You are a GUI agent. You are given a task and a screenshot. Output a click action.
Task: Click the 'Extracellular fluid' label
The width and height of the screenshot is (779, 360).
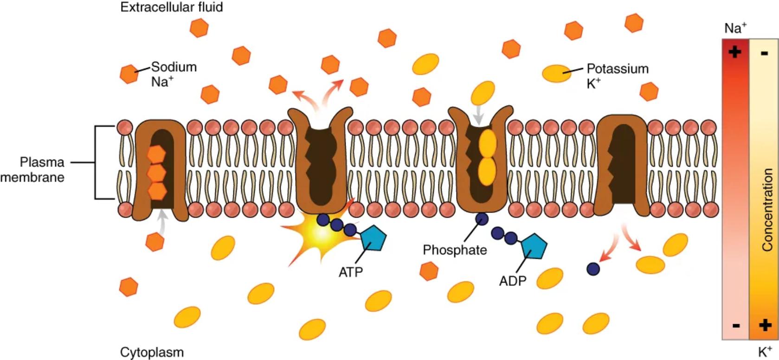point(171,7)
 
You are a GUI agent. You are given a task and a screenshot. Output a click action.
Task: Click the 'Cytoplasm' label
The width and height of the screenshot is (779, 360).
point(152,352)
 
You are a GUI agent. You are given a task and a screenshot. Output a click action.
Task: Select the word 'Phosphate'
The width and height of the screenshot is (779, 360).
point(454,250)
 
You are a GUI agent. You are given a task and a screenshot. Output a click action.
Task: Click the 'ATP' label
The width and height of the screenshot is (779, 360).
point(350,272)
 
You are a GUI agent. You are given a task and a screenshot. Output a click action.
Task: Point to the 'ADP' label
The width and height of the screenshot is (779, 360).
point(513,281)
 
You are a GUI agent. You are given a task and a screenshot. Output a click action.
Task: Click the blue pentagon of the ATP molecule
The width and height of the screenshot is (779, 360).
point(373,238)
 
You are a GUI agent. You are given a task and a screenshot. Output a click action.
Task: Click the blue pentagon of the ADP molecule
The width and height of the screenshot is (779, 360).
point(534,246)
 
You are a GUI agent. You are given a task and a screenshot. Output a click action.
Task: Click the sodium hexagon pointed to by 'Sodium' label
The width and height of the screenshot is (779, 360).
point(129,74)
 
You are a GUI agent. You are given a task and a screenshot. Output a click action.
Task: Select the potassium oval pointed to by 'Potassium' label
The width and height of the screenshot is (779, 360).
point(557,73)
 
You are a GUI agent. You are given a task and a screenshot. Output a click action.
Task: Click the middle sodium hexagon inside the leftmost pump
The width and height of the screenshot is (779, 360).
point(156,173)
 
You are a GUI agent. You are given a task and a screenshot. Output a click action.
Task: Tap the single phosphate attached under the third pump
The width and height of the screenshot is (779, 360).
point(482,218)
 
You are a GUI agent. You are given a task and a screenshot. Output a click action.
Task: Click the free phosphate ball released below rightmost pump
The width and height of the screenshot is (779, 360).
point(593,269)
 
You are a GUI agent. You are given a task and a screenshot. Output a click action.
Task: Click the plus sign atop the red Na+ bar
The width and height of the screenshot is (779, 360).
point(735,51)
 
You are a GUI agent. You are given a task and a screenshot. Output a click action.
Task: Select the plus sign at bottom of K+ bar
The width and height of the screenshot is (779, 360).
point(765,325)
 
